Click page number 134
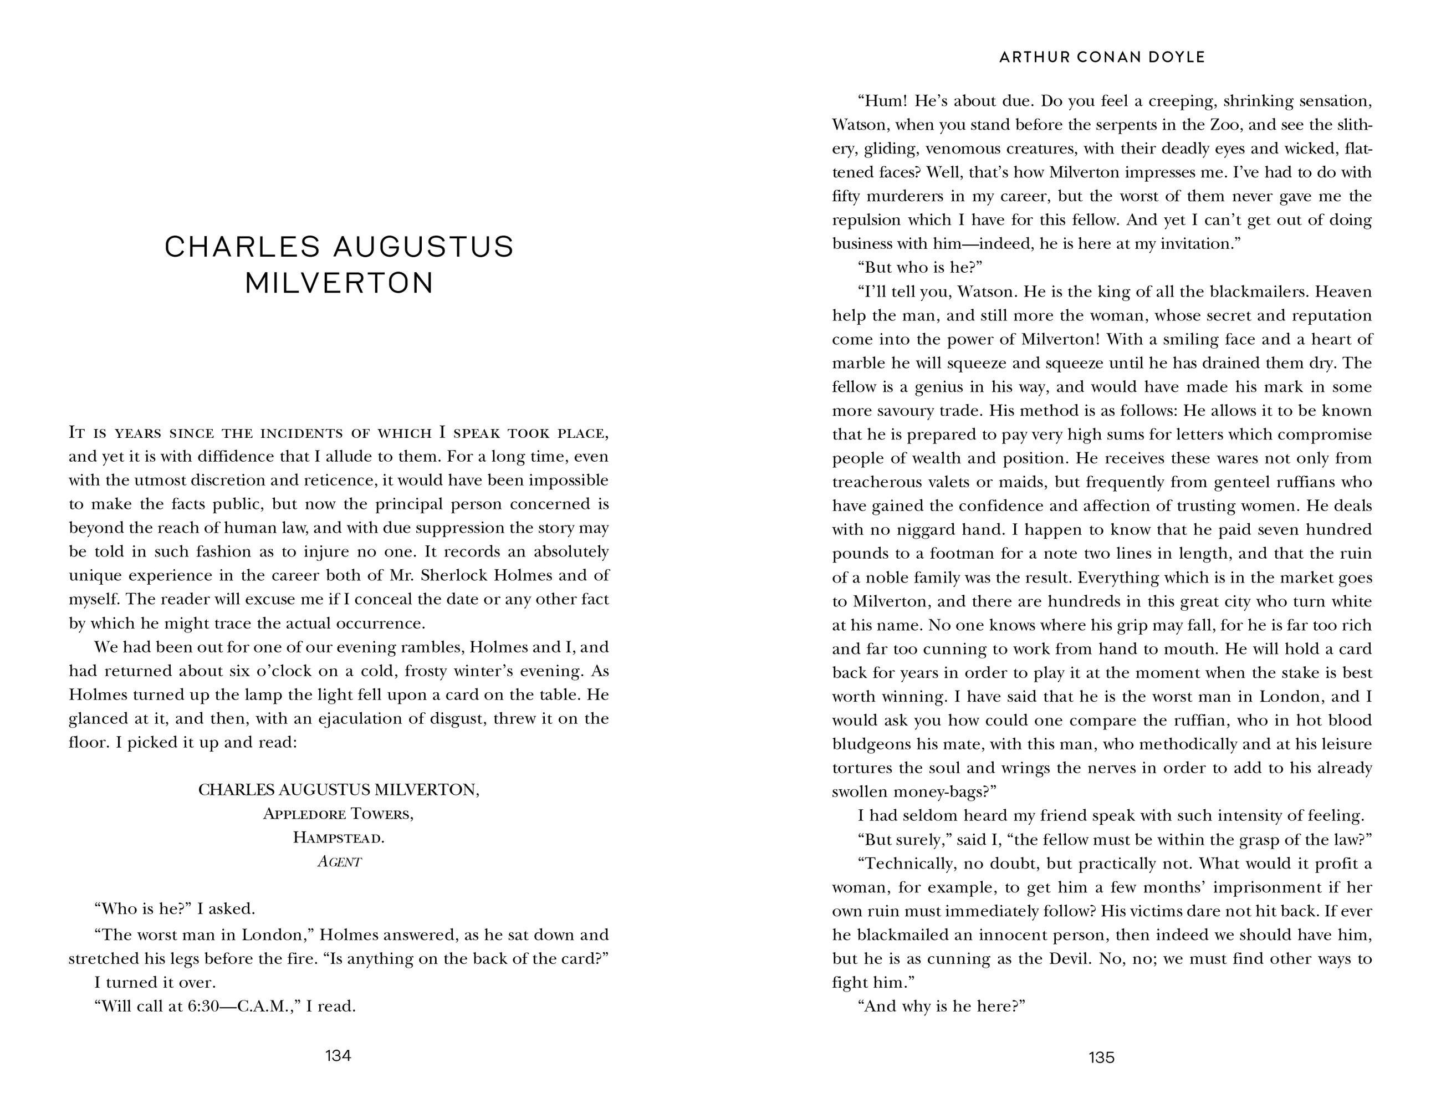(x=338, y=1055)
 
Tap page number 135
(x=1101, y=1058)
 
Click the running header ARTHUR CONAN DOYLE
(x=1102, y=58)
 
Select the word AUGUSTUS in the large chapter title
(x=423, y=247)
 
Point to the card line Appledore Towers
(x=338, y=814)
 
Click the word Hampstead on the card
(x=338, y=838)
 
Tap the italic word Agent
(x=339, y=862)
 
